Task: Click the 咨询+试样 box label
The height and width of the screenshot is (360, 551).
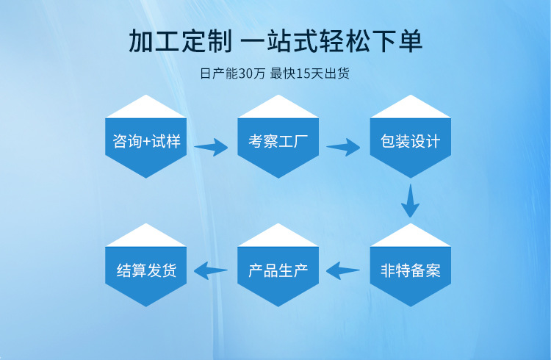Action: tap(146, 141)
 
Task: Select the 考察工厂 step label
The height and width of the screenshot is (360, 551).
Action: tap(278, 141)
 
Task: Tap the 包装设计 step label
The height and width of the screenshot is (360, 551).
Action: tap(410, 141)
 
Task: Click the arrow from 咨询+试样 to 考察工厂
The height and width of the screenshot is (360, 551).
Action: tap(211, 147)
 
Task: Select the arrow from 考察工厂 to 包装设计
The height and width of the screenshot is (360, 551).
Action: tap(343, 147)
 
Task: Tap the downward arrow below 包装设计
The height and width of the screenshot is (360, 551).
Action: tap(410, 200)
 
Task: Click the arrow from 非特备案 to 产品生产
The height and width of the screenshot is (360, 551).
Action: tap(343, 270)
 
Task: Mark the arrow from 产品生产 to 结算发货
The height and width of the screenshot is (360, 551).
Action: tap(211, 270)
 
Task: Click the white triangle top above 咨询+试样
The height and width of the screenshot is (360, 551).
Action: tap(146, 109)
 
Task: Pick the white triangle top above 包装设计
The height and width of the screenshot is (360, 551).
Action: tap(410, 109)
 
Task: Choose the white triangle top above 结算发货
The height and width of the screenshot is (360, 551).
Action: tap(146, 237)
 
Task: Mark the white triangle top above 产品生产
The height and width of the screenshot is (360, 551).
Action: tap(278, 237)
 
